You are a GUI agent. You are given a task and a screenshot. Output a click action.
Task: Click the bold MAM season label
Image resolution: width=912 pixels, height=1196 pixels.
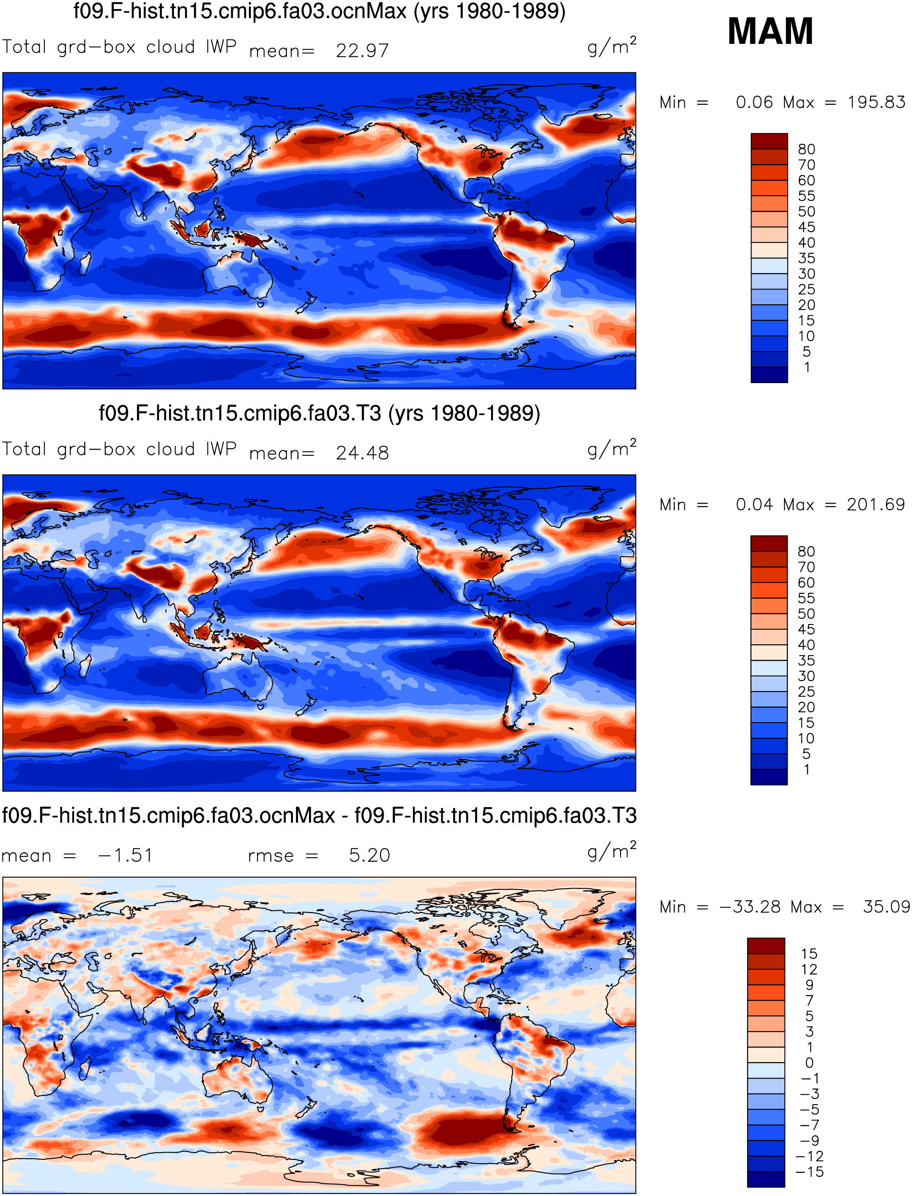pyautogui.click(x=770, y=31)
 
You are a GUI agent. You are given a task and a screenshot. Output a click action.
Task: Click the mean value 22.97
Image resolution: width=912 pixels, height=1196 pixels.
pyautogui.click(x=362, y=50)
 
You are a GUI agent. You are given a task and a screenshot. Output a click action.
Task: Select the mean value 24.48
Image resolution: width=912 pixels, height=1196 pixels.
pyautogui.click(x=362, y=453)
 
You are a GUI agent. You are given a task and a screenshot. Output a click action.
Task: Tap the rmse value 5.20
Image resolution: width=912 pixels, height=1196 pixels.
pyautogui.click(x=369, y=855)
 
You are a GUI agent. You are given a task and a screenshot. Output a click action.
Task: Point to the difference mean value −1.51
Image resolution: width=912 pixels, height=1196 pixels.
pyautogui.click(x=126, y=855)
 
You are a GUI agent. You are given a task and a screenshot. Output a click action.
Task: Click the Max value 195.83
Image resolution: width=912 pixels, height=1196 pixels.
pyautogui.click(x=876, y=102)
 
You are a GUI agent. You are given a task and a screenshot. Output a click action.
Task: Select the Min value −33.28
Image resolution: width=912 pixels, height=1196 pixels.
pyautogui.click(x=750, y=907)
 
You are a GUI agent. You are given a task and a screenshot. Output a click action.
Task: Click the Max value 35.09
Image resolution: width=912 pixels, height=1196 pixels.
pyautogui.click(x=886, y=907)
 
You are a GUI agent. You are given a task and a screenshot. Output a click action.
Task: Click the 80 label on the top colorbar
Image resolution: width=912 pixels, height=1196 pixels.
pyautogui.click(x=806, y=149)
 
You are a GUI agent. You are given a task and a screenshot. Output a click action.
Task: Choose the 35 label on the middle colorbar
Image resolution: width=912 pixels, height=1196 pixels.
pyautogui.click(x=806, y=661)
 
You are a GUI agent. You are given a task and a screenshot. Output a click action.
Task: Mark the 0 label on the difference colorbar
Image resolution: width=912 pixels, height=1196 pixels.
pyautogui.click(x=810, y=1062)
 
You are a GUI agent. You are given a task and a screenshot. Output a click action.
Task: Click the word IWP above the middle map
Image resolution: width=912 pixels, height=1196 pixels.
pyautogui.click(x=221, y=449)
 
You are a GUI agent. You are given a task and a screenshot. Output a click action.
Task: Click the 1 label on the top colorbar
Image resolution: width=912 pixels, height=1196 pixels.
pyautogui.click(x=807, y=367)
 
